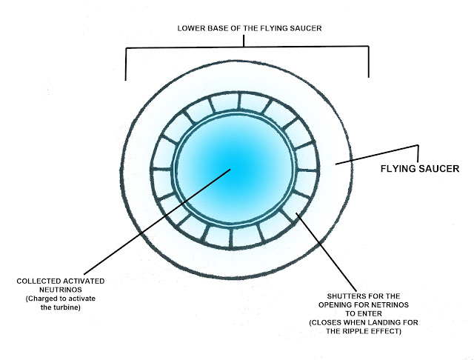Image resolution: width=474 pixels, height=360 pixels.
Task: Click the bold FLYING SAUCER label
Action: pos(421,169)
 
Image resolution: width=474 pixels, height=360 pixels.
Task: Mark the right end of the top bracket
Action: pos(369,76)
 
